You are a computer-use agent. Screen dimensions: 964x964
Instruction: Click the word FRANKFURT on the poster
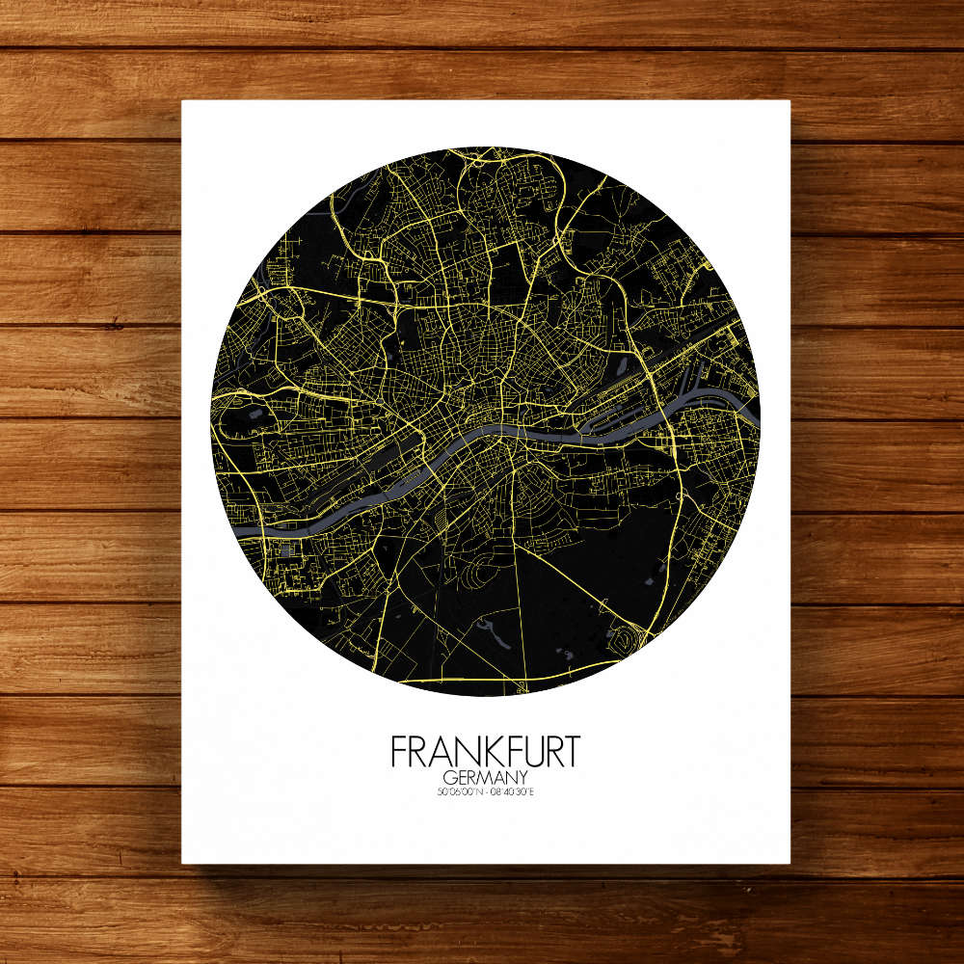point(485,752)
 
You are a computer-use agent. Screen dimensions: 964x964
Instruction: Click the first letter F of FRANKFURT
point(398,752)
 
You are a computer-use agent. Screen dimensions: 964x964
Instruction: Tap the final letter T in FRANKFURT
point(572,752)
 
